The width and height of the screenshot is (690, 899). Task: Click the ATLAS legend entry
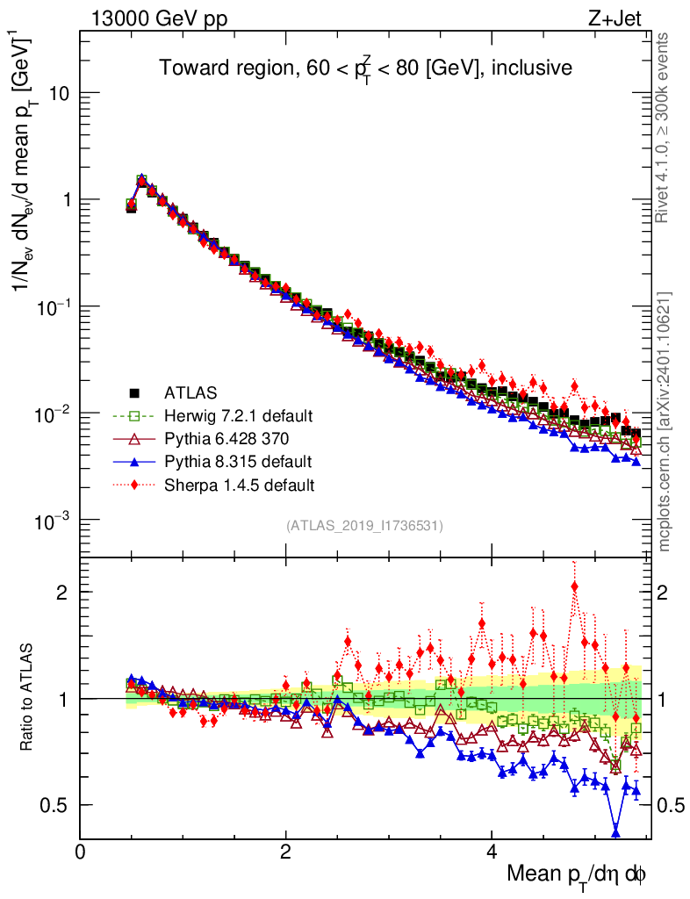(189, 392)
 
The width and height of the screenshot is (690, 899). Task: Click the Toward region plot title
(365, 68)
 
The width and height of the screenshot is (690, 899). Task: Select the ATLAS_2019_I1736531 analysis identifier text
(364, 526)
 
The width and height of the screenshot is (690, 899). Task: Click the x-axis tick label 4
(492, 852)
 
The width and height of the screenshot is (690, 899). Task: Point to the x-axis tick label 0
(81, 852)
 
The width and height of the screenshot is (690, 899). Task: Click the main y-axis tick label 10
(59, 93)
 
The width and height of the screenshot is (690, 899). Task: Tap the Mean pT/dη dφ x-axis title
(577, 875)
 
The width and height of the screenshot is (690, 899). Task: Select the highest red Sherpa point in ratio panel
(575, 586)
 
